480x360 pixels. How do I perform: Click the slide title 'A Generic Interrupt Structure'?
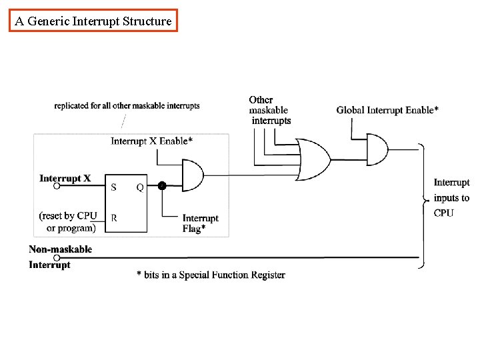93,21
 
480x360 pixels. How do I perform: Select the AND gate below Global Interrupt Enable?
377,150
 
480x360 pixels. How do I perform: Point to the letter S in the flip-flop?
113,187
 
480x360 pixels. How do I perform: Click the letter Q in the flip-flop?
140,187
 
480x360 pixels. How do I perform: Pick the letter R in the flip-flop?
113,217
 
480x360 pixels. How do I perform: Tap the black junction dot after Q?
161,186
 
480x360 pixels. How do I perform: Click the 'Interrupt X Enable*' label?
152,141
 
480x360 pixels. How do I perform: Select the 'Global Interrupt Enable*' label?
387,110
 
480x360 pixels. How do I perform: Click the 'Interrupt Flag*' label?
200,223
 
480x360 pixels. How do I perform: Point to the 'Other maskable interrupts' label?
270,111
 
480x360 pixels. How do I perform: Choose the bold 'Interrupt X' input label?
65,178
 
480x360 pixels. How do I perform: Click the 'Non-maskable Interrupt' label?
60,257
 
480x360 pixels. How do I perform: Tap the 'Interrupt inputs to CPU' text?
451,198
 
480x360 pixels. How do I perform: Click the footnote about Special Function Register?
211,275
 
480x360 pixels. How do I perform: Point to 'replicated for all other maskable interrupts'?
127,105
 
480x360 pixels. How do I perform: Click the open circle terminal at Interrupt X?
57,187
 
